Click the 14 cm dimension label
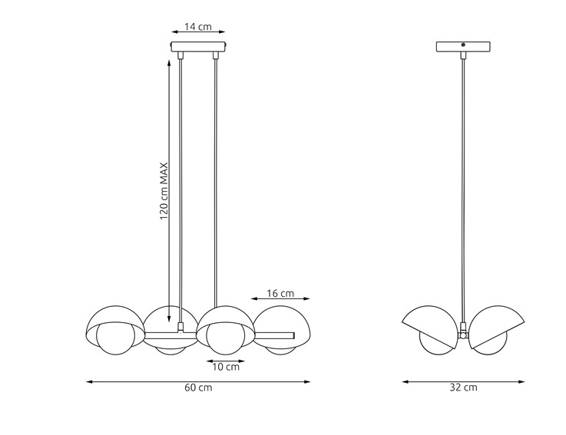[198, 27]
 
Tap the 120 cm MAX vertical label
[164, 191]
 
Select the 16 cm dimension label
[280, 293]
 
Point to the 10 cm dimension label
[226, 367]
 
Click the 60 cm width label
[198, 387]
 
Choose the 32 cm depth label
[464, 387]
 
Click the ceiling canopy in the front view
[198, 47]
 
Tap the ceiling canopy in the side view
[463, 46]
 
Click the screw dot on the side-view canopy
[463, 46]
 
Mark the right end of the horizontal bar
[293, 334]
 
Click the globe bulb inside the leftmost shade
[118, 338]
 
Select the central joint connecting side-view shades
[463, 334]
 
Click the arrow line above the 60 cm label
[198, 381]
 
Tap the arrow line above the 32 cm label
[464, 381]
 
